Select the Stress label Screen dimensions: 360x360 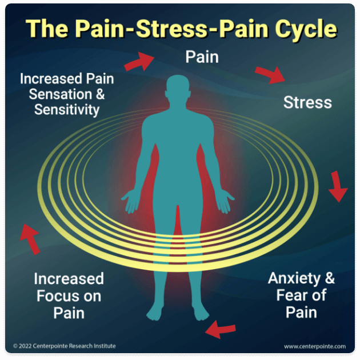point(307,103)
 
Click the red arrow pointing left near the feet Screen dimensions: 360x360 point(221,329)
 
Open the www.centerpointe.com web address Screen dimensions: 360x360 point(314,346)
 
